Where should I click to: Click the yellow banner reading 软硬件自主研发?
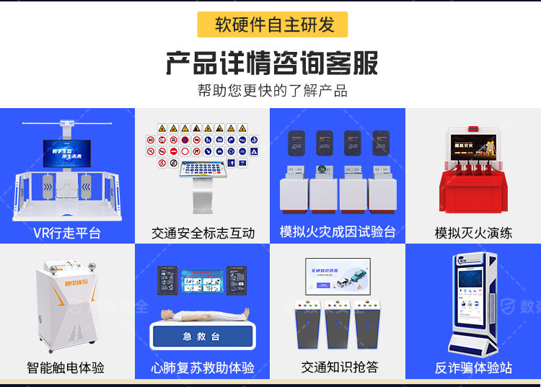(272, 25)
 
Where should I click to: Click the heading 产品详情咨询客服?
(271, 63)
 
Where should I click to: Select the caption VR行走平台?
(67, 233)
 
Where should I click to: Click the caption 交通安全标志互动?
(203, 233)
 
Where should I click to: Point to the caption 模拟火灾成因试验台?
(338, 232)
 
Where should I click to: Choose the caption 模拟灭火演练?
(473, 233)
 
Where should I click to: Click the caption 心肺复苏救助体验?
(203, 368)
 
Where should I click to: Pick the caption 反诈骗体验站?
(473, 368)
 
